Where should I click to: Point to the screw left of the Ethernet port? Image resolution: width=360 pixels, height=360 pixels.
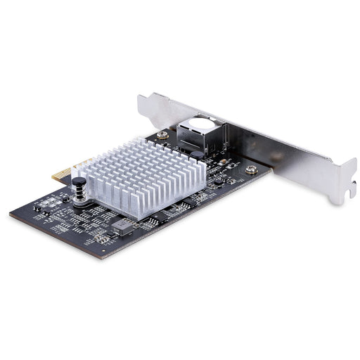(x=162, y=134)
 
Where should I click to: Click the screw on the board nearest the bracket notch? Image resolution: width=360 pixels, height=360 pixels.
(x=251, y=169)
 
